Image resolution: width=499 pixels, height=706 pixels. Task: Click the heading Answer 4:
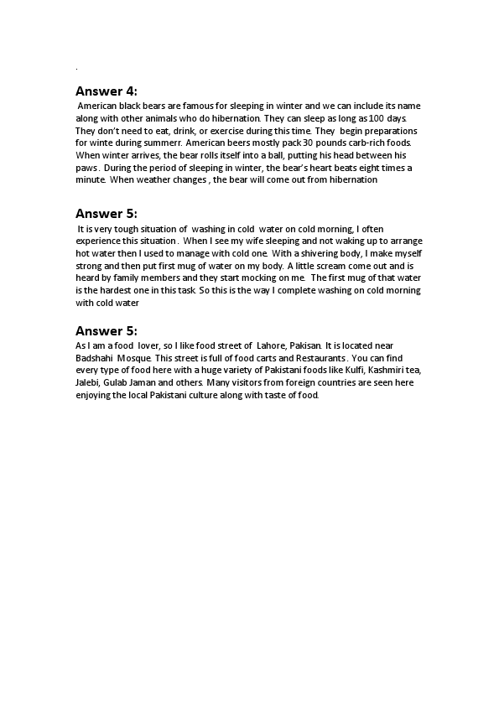(106, 91)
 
